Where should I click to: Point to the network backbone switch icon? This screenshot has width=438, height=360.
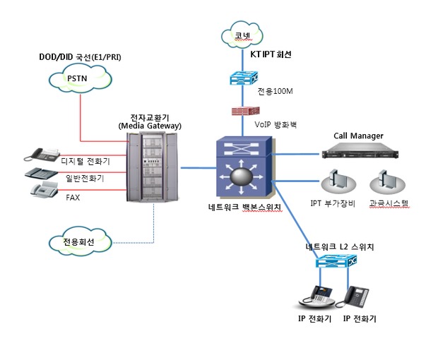pyautogui.click(x=242, y=169)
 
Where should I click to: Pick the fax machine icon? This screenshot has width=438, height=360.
pyautogui.click(x=45, y=189)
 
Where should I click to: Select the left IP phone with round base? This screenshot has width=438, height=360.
pyautogui.click(x=319, y=297)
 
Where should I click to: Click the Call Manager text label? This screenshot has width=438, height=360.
pyautogui.click(x=357, y=135)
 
